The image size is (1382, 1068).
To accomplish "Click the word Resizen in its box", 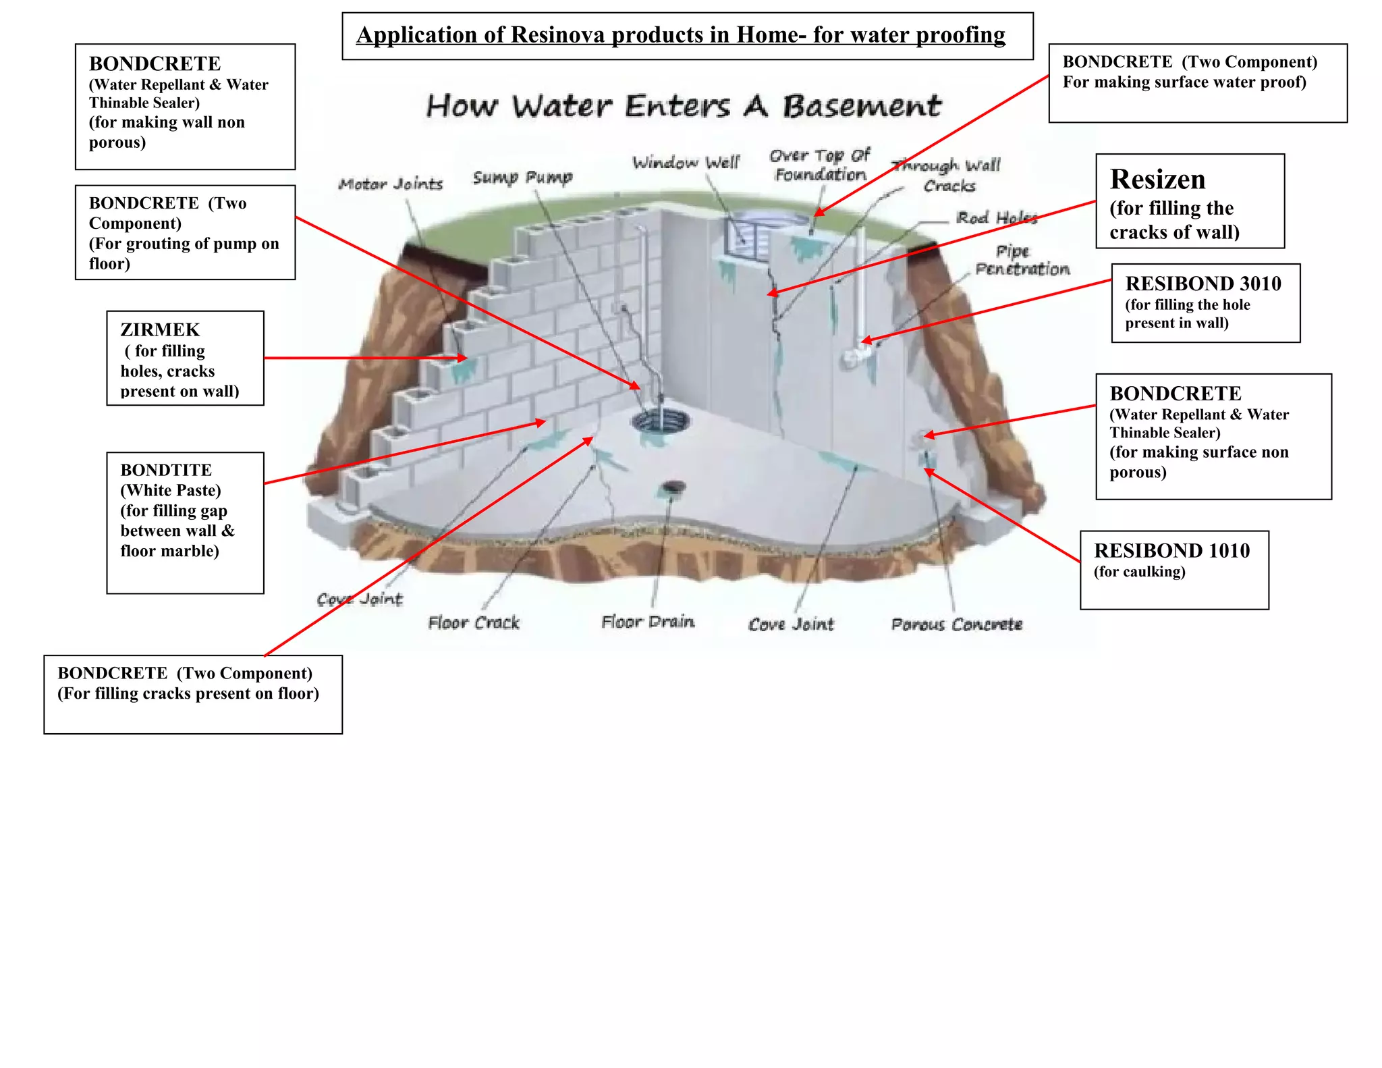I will pos(1157,180).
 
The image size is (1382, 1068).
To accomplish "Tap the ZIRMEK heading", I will pos(160,330).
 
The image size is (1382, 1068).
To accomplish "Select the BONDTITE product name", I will pos(166,470).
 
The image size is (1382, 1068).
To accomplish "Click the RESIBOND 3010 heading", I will pos(1203,284).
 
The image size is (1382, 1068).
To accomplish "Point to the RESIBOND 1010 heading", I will pos(1171,551).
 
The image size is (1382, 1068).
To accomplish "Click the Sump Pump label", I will pos(522,178).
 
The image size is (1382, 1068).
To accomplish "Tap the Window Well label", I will pos(686,163).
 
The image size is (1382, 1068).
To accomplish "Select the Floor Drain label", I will pos(648,622).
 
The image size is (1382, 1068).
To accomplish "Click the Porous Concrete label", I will pos(956,624).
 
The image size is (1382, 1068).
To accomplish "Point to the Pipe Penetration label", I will pos(1022,261).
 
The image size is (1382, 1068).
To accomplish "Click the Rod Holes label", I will pos(997,217).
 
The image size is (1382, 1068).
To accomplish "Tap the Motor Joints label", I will pos(391,184).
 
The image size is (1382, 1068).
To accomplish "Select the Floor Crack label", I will pos(474,622).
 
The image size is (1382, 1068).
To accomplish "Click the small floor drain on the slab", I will pos(673,487).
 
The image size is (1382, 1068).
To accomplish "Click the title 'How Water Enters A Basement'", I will pos(684,107).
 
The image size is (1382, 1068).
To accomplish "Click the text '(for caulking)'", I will pos(1139,572).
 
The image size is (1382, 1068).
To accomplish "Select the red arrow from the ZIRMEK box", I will pos(364,358).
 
